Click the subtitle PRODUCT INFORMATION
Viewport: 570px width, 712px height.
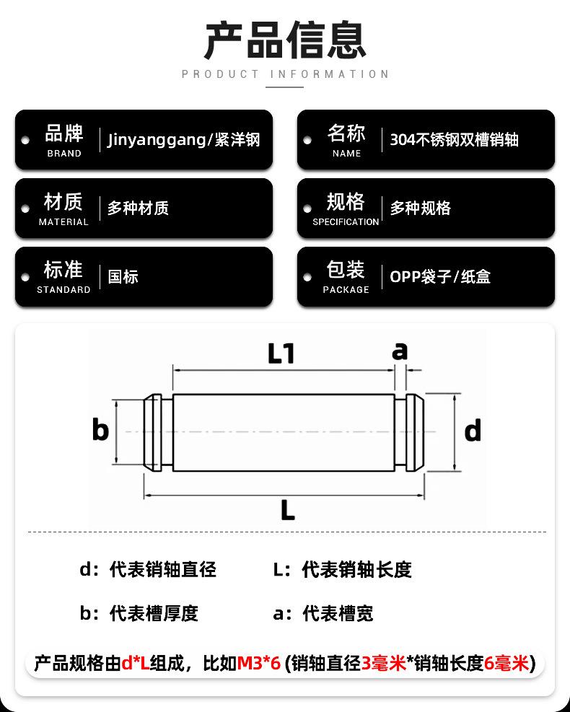(x=285, y=74)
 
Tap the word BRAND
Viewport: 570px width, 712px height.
(x=64, y=154)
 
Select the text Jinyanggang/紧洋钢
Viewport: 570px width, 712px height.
(x=183, y=140)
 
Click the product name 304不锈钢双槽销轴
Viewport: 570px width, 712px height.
(x=454, y=140)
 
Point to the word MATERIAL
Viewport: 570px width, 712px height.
(x=63, y=222)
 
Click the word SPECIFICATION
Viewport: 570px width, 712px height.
(x=346, y=222)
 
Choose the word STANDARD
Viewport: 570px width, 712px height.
(x=63, y=290)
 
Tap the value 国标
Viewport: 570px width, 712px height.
(x=123, y=276)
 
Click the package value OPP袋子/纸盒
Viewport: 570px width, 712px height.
(x=440, y=276)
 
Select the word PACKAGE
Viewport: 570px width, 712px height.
(x=346, y=290)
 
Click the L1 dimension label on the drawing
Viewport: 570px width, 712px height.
(x=281, y=353)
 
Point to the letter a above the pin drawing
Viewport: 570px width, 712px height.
(x=400, y=351)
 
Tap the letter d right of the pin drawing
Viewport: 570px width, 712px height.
(x=473, y=431)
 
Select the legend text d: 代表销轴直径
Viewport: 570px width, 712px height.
(x=148, y=569)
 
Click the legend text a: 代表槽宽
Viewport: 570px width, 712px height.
(x=323, y=613)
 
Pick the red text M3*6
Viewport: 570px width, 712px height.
(x=259, y=664)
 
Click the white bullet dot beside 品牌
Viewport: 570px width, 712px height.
(x=25, y=141)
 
